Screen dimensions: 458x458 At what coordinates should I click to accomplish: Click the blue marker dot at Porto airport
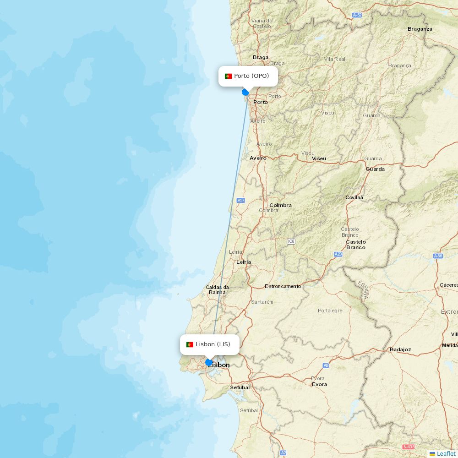coord(245,92)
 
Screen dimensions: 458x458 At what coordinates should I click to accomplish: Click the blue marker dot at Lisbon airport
coord(209,362)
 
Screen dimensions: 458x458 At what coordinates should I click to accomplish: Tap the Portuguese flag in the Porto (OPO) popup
coord(228,76)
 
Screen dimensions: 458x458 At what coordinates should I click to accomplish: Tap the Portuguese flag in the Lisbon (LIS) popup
coord(190,344)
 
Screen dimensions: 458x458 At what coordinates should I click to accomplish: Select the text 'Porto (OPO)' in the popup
coord(251,76)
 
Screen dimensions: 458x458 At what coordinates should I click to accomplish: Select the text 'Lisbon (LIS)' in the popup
coord(213,344)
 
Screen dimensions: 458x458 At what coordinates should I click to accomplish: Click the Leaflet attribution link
coord(446,453)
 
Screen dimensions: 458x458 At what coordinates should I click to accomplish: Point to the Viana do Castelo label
coord(262,23)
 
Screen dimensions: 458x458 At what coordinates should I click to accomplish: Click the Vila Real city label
coord(335,59)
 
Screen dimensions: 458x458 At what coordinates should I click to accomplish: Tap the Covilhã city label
coord(354,197)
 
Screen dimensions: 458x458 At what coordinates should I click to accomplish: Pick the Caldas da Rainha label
coord(217,289)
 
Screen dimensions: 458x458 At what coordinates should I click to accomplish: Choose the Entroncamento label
coord(283,286)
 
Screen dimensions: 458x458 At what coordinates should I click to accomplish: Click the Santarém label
coord(262,302)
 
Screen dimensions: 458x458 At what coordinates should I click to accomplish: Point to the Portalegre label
coord(330,311)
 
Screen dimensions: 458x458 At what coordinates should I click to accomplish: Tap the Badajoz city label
coord(400,349)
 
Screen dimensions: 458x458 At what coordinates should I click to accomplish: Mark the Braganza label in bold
coord(420,29)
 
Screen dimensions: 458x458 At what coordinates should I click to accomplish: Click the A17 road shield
coord(241,201)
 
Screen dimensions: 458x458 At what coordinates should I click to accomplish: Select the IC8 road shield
coord(291,241)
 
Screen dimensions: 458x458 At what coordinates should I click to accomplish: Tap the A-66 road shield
coord(438,256)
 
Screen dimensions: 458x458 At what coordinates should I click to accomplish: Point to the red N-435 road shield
coord(408,447)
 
